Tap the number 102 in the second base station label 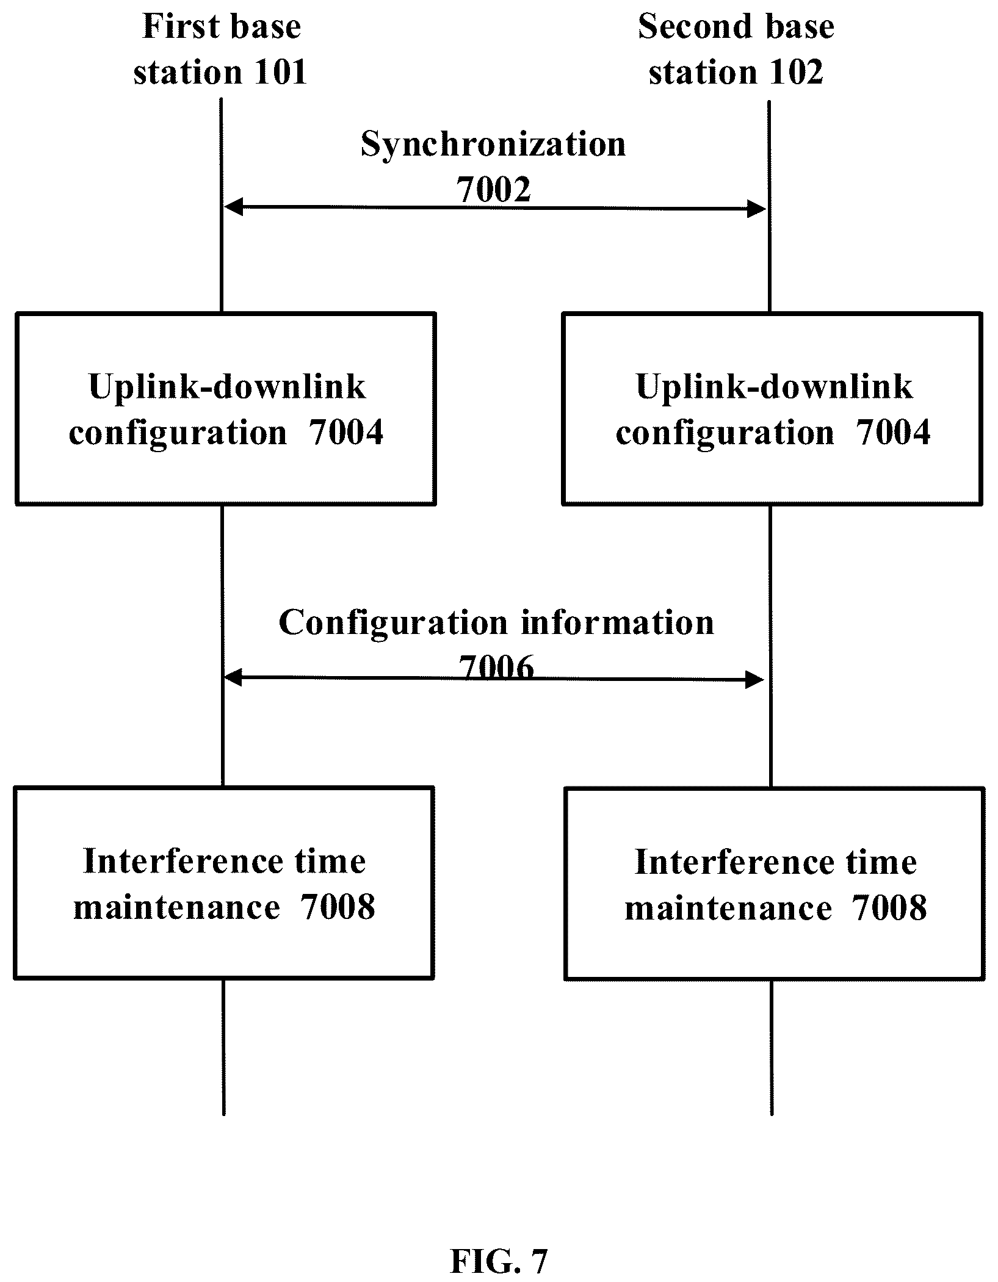(797, 73)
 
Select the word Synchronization (493, 145)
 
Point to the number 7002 (494, 189)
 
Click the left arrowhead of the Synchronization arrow (234, 207)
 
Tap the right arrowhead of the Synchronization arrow (757, 209)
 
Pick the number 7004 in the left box (346, 433)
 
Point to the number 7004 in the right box (893, 433)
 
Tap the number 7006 (496, 667)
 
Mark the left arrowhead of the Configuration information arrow (234, 677)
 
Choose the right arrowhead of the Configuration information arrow (755, 679)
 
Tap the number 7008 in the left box (338, 907)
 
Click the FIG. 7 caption (499, 1258)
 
